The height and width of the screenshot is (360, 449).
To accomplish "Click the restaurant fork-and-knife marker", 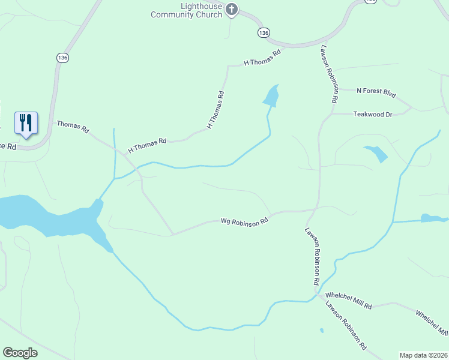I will (x=26, y=123).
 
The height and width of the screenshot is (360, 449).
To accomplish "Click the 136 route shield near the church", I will (x=263, y=33).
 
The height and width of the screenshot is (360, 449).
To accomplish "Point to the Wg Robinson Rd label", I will (x=244, y=222).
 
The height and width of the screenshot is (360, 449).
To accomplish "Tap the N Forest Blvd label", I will (x=376, y=92).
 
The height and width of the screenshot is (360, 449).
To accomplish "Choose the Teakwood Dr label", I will (x=372, y=113).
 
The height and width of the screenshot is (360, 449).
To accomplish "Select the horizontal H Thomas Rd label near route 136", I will (x=262, y=58).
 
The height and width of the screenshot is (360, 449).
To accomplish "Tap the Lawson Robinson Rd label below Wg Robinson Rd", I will (x=312, y=256).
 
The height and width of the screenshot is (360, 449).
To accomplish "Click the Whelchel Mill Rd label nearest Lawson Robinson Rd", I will (x=348, y=301).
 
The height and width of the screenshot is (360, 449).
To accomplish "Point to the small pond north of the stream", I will (x=272, y=95).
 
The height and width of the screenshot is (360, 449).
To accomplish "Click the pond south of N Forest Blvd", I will (x=377, y=154).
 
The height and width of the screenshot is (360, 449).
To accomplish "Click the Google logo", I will (x=20, y=353).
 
